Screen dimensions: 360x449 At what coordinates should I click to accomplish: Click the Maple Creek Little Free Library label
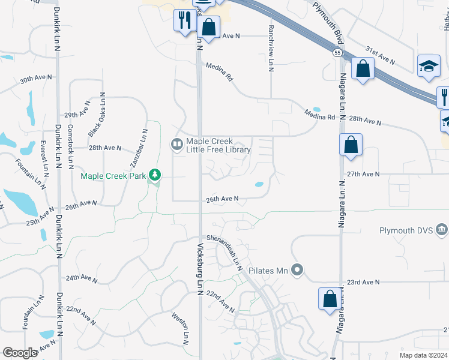click(x=218, y=146)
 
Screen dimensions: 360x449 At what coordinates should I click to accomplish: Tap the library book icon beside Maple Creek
click(x=177, y=143)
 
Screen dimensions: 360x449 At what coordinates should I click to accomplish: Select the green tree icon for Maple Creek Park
click(x=155, y=175)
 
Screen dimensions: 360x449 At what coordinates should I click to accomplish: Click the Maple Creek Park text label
click(x=113, y=176)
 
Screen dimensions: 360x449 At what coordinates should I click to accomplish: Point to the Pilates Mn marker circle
click(x=295, y=270)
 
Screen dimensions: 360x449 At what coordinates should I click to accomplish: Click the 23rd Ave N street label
click(x=364, y=281)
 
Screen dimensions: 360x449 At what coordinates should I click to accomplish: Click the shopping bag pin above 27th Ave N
click(x=351, y=145)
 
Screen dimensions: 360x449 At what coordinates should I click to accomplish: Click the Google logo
click(x=20, y=353)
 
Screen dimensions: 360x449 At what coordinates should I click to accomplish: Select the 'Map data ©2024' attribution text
click(x=423, y=355)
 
